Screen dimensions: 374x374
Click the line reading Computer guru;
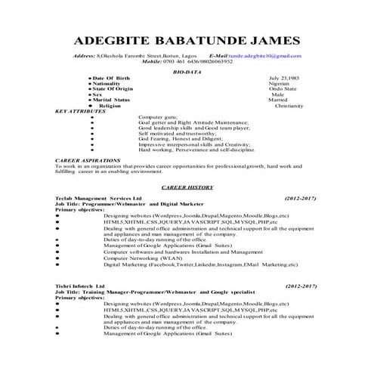click(160, 116)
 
